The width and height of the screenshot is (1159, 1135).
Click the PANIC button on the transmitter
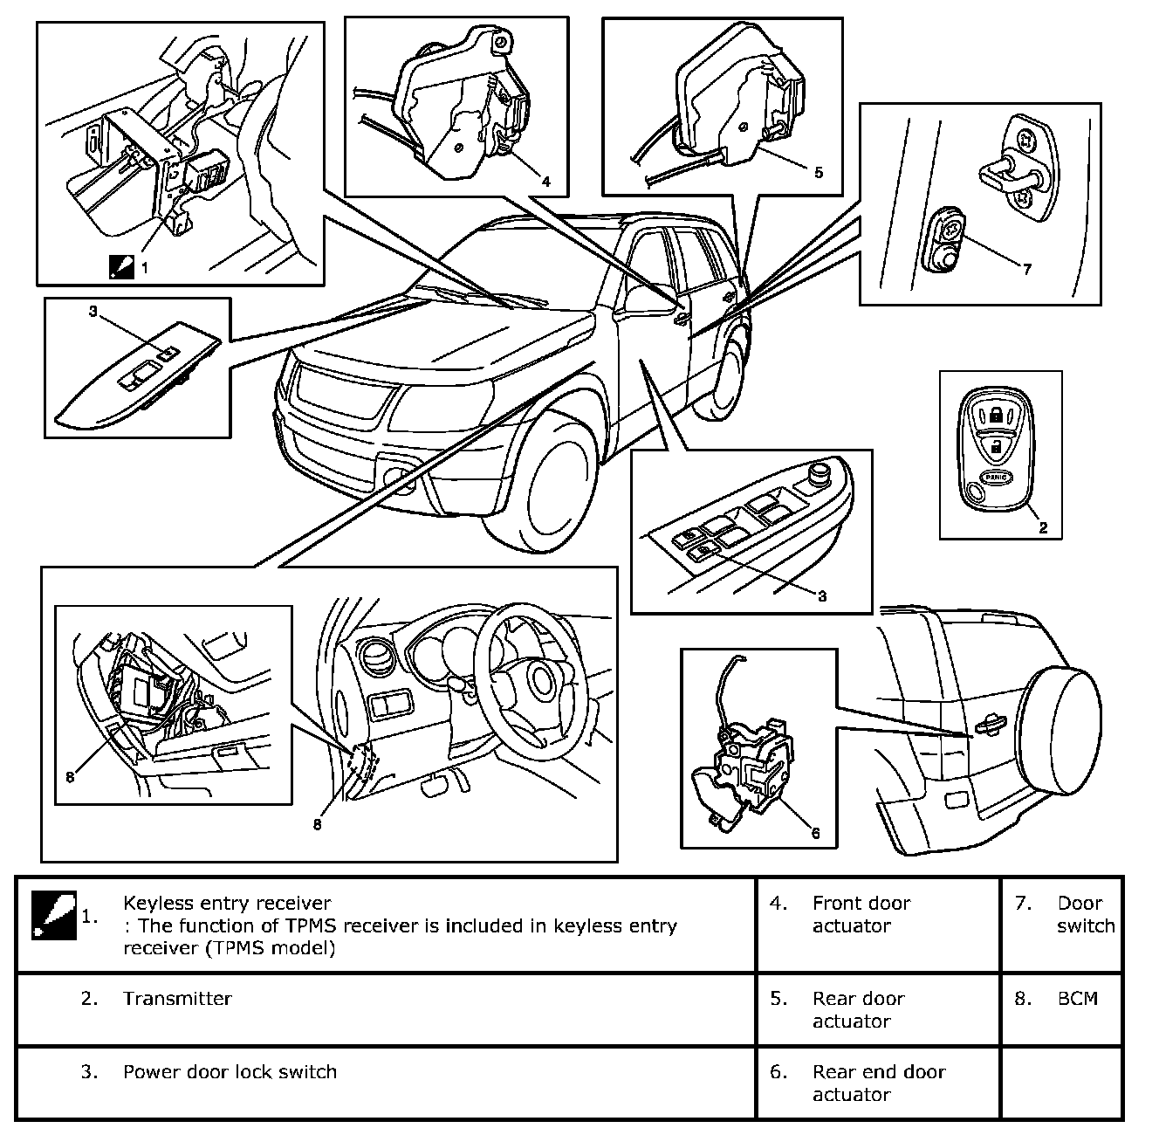point(997,477)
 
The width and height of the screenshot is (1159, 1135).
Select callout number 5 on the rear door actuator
point(818,173)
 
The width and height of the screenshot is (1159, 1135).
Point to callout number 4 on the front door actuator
point(545,181)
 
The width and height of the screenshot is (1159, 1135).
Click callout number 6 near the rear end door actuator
point(815,833)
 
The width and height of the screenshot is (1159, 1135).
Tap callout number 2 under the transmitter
point(1044,527)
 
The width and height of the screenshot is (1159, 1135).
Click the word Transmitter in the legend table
point(177,999)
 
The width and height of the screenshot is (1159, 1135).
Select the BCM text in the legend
point(1078,999)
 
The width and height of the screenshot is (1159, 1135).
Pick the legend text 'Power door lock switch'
point(230,1072)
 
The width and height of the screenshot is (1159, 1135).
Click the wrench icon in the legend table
point(54,915)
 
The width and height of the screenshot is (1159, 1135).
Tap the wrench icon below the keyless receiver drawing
point(121,267)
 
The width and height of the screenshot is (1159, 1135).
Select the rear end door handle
point(986,726)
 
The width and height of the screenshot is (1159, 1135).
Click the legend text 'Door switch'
point(1087,914)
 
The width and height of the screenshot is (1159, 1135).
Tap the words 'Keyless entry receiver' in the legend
point(228,903)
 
